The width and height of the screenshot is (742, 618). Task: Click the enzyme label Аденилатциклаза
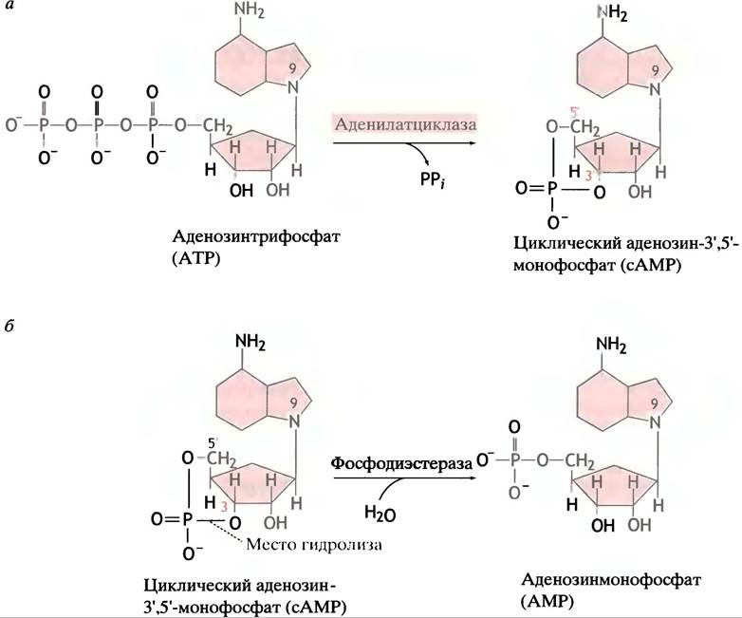[405, 124]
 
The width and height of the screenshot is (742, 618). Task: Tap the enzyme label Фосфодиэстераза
[401, 462]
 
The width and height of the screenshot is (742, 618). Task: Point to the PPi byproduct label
[433, 181]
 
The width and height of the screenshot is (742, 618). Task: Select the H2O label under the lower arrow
[380, 514]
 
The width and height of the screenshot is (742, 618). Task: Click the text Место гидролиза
[314, 545]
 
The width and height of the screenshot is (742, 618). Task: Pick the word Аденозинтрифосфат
[256, 235]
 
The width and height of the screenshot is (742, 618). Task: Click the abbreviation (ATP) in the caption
[196, 258]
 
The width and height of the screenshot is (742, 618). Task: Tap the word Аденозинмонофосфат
[610, 579]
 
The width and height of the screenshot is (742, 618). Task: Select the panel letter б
[9, 327]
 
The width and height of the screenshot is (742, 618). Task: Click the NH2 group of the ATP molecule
[249, 10]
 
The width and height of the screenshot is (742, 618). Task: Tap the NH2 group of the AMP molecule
[611, 345]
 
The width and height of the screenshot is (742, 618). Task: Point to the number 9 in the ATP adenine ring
[292, 68]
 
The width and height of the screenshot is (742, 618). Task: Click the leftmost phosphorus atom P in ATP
[44, 125]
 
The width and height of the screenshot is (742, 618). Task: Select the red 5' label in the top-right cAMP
[575, 113]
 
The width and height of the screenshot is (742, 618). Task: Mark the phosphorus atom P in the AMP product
[515, 459]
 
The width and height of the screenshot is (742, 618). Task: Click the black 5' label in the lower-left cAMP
[213, 443]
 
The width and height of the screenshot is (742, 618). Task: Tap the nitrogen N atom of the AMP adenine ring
[655, 421]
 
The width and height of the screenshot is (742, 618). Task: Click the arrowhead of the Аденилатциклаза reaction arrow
[472, 142]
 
